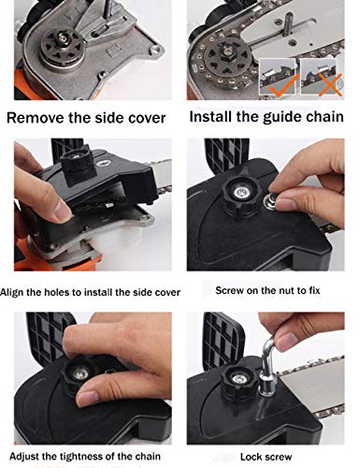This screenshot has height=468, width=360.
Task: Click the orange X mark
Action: click(x=330, y=84)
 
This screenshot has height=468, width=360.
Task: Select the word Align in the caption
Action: click(x=12, y=293)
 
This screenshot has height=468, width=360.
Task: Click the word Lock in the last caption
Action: click(x=250, y=457)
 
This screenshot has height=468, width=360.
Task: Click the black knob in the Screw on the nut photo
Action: click(x=240, y=195)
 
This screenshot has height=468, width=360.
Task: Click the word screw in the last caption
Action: click(x=278, y=458)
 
